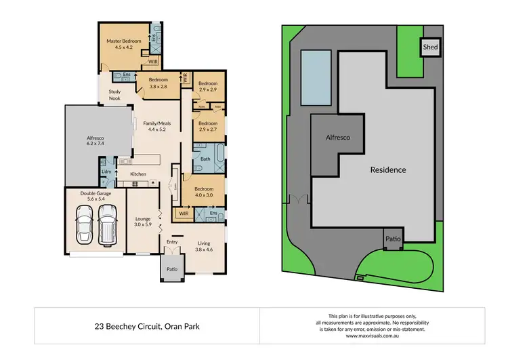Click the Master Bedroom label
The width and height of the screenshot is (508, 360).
(x=123, y=45)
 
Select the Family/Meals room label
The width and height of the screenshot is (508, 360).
(x=156, y=126)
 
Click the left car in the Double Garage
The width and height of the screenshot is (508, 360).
(x=85, y=224)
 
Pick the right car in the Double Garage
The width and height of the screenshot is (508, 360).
(x=108, y=224)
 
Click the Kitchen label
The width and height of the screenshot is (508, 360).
(x=138, y=174)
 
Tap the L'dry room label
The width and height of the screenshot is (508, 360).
(x=106, y=172)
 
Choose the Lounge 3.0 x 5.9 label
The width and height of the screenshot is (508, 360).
(x=142, y=223)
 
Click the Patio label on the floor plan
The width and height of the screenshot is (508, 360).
(x=171, y=270)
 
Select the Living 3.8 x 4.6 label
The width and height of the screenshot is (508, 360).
(x=204, y=247)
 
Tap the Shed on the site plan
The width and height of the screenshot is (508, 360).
(x=430, y=47)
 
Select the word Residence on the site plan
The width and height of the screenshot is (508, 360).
(x=388, y=169)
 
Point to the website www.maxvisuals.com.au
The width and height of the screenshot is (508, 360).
(x=371, y=336)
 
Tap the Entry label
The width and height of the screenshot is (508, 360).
(x=172, y=242)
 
